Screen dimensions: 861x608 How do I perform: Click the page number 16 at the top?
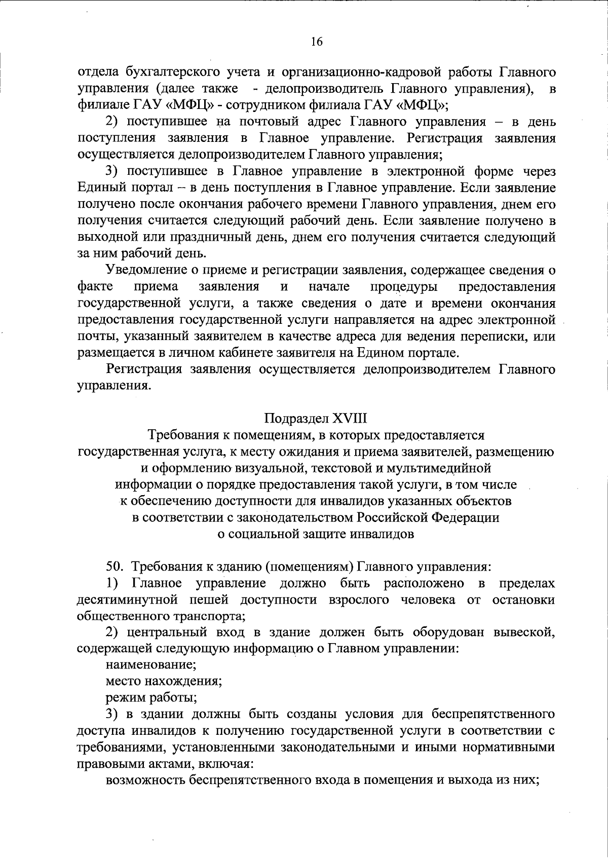(x=317, y=42)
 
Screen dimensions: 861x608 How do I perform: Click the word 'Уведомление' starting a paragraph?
(x=143, y=270)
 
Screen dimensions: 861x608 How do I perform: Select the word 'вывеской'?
(x=524, y=632)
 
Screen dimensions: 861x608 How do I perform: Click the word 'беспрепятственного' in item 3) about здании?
(x=493, y=715)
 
